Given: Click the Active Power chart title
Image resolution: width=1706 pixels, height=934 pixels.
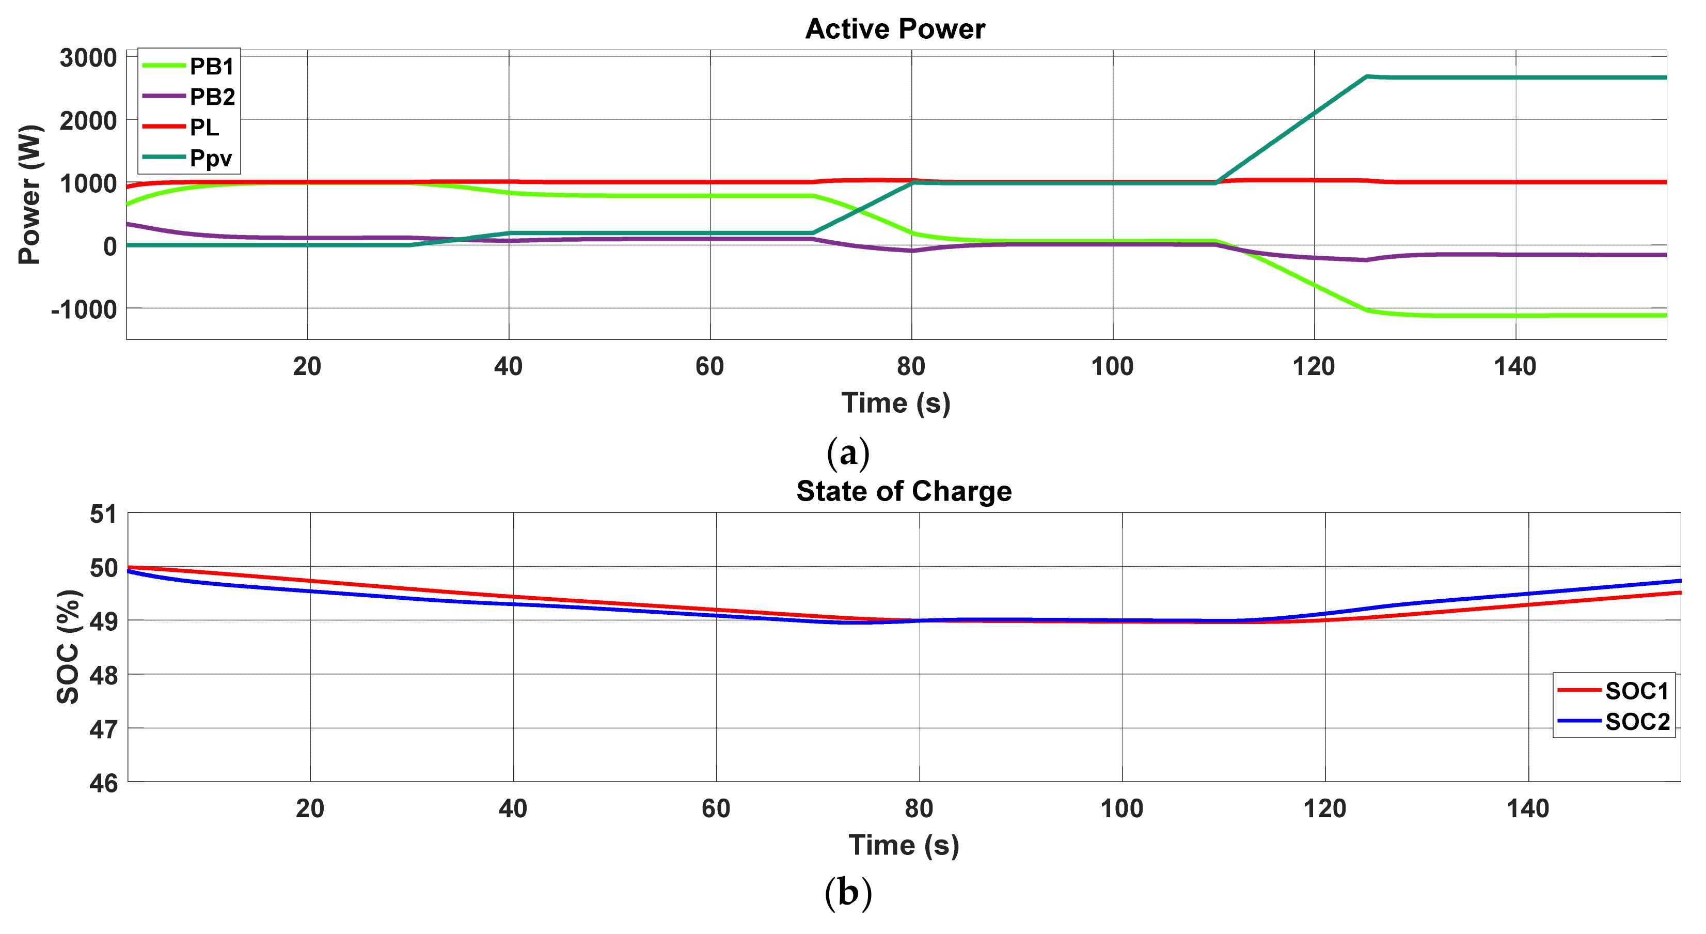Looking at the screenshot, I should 895,29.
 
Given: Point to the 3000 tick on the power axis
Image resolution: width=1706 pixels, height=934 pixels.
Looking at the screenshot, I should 88,58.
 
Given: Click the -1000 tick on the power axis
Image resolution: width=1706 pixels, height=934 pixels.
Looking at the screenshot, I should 84,309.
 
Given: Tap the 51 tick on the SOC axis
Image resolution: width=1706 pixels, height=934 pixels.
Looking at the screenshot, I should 103,514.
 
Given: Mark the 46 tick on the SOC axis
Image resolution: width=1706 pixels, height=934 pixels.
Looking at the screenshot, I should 103,783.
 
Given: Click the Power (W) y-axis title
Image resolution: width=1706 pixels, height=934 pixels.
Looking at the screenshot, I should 30,195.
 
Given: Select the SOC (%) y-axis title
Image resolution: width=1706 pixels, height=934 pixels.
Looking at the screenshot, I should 68,646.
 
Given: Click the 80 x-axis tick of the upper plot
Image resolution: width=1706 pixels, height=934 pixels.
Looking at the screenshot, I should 911,366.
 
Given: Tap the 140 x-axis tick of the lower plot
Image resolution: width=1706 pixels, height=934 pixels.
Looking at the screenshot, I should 1527,809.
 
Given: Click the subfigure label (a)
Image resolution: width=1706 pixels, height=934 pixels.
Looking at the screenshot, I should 848,453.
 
